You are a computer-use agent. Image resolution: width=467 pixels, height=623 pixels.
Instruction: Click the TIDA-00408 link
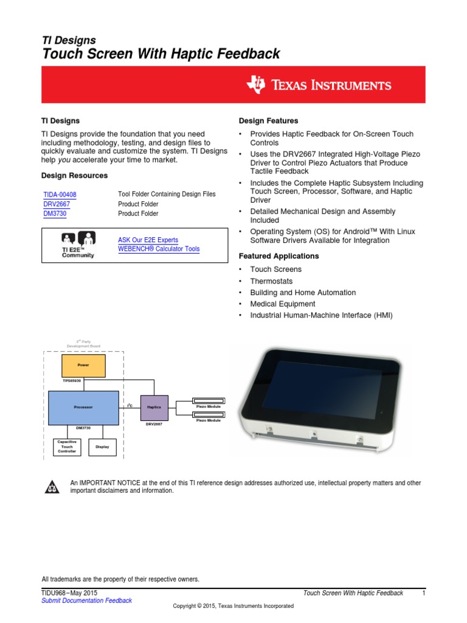[x=60, y=195]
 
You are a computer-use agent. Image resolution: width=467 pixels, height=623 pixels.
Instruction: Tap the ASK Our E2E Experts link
[x=148, y=240]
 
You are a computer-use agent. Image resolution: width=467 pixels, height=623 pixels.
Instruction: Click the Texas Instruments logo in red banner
[x=318, y=85]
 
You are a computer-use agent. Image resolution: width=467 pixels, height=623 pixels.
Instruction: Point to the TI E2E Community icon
[x=78, y=245]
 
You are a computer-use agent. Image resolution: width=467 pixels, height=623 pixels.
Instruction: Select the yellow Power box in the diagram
[x=83, y=366]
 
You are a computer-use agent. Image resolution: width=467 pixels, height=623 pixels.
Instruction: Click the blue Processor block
[x=83, y=406]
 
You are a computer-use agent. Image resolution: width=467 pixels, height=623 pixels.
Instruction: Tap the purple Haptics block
[x=154, y=406]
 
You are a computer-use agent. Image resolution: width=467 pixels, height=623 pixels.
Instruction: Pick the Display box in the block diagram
[x=102, y=447]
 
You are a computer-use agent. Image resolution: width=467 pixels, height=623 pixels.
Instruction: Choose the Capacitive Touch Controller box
[x=66, y=447]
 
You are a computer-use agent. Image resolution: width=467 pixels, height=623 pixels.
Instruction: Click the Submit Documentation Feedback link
[x=86, y=600]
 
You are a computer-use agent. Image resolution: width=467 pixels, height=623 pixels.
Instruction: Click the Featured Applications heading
[x=278, y=256]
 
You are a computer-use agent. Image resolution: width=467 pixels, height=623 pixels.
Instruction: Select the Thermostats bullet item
[x=271, y=281]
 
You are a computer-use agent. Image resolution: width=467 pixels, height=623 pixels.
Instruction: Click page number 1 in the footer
[x=423, y=593]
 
